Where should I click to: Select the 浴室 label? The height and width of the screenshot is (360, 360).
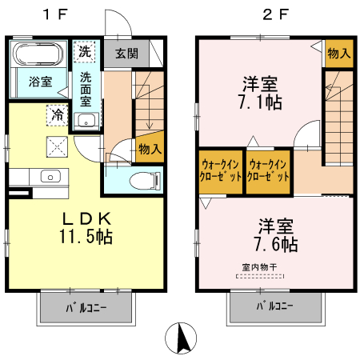40,82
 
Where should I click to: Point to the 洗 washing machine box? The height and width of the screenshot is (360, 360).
85,52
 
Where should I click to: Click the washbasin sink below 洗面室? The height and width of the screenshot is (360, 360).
86,122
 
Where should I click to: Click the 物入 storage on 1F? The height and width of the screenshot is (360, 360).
150,148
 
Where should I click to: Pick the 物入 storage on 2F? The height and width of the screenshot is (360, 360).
338,54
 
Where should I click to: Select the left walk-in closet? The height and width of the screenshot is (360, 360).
220,170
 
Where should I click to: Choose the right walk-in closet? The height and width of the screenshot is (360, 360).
268,170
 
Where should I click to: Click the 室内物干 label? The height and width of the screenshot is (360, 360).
258,267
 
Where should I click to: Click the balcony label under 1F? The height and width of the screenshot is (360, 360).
87,306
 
